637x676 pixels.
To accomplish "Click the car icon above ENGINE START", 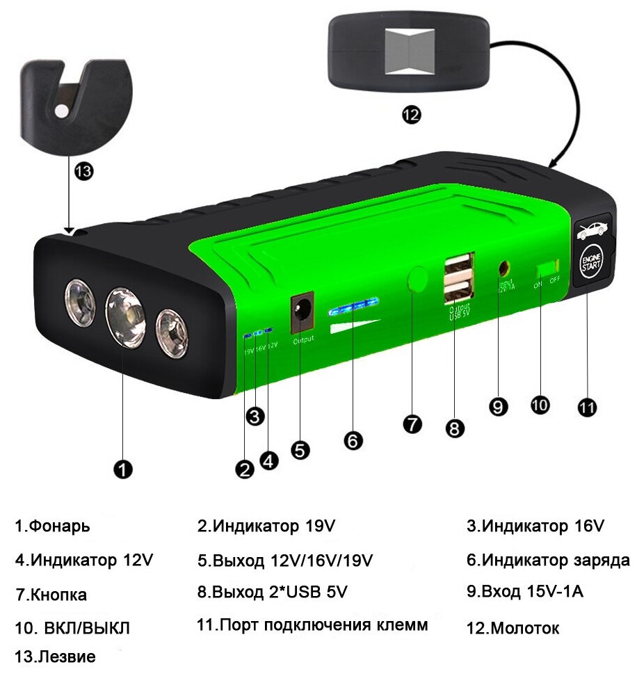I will click(591, 229).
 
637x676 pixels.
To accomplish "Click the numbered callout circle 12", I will click(411, 115).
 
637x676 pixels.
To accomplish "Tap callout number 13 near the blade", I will click(83, 171).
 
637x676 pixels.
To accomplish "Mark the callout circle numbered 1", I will click(122, 470).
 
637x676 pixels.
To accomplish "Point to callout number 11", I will click(588, 408).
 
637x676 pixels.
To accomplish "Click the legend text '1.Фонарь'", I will click(53, 526).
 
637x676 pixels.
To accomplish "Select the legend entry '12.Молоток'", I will click(513, 629).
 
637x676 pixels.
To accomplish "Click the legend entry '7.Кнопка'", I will click(51, 595).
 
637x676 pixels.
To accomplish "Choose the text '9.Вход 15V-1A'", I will click(525, 592).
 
